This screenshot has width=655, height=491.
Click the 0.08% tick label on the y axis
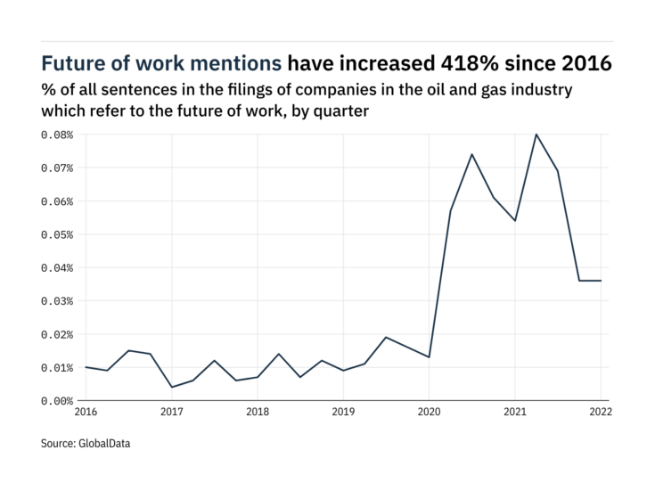55,135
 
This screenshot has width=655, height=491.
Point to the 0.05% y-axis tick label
55,234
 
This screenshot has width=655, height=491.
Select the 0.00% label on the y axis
55,401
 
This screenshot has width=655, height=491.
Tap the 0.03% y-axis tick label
55,301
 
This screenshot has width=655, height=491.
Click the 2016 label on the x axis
86,413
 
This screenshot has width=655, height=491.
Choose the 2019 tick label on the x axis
343,413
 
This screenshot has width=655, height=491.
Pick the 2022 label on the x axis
601,413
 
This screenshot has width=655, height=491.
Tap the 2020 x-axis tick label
429,413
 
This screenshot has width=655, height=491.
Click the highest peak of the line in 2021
536,134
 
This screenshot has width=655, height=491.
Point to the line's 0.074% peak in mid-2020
471,154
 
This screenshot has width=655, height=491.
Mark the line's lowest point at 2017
171,387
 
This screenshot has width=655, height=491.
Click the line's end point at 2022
601,281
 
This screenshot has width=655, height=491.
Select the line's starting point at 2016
86,367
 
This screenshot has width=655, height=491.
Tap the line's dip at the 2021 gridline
515,220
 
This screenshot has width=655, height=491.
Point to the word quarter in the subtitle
340,111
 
